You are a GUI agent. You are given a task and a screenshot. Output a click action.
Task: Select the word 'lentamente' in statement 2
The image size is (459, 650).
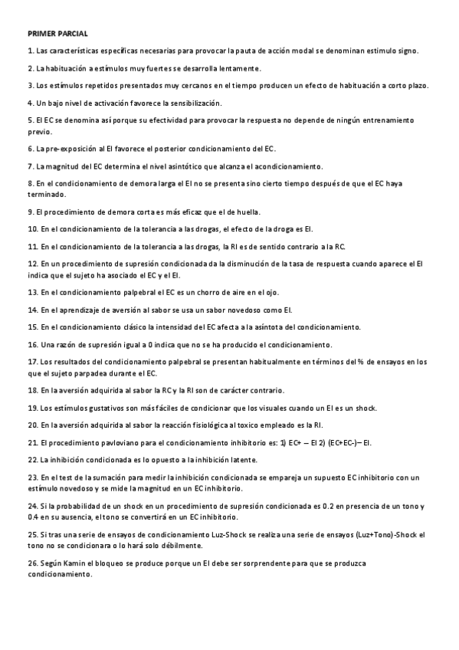tap(240, 68)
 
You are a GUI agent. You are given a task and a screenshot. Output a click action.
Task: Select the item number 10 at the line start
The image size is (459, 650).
tap(32, 228)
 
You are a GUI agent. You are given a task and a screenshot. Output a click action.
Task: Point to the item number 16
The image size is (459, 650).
tap(32, 344)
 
